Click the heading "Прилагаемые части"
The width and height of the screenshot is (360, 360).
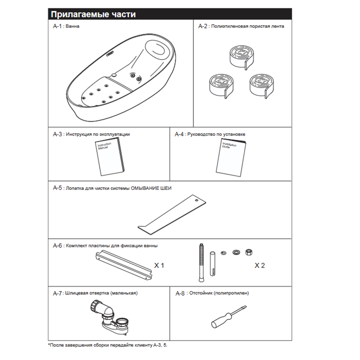(93, 14)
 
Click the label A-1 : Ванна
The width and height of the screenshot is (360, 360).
(69, 26)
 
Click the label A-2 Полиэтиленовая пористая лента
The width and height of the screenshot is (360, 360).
(241, 26)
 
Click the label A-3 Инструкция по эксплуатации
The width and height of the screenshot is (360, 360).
(91, 134)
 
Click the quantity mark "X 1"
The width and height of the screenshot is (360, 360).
(159, 266)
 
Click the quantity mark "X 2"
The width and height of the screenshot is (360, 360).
(260, 266)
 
